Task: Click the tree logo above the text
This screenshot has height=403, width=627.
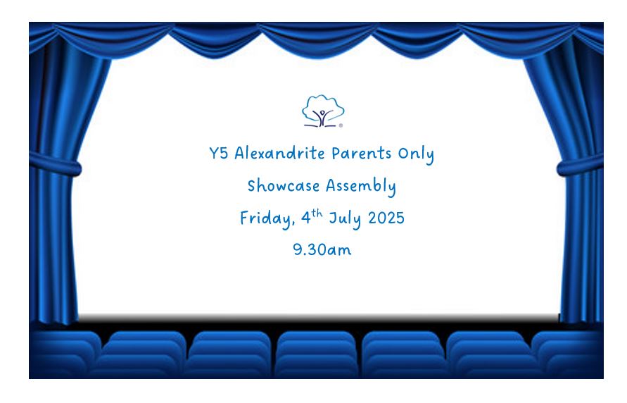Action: coord(323,111)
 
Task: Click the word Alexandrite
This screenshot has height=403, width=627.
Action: coord(279,154)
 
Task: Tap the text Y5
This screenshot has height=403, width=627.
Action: coord(218,154)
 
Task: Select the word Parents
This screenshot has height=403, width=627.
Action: coord(362,154)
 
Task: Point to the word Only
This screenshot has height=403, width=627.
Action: coord(416,154)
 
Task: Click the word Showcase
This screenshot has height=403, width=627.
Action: coord(284,186)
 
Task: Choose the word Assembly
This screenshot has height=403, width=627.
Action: coord(361,187)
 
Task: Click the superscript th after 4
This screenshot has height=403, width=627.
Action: coord(317,213)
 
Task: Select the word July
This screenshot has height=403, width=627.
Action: coord(345,218)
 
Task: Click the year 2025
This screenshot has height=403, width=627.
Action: coord(386,218)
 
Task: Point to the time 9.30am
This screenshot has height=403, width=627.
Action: coord(322,249)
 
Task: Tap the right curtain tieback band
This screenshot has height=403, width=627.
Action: coord(581,165)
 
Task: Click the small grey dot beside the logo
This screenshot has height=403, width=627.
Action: coord(341,125)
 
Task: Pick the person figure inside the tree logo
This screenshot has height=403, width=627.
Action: coord(322,117)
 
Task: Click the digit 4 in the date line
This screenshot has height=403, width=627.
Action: coord(306,218)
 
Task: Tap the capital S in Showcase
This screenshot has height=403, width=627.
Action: coord(251,186)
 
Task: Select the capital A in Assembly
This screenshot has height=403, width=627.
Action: coord(331,186)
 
